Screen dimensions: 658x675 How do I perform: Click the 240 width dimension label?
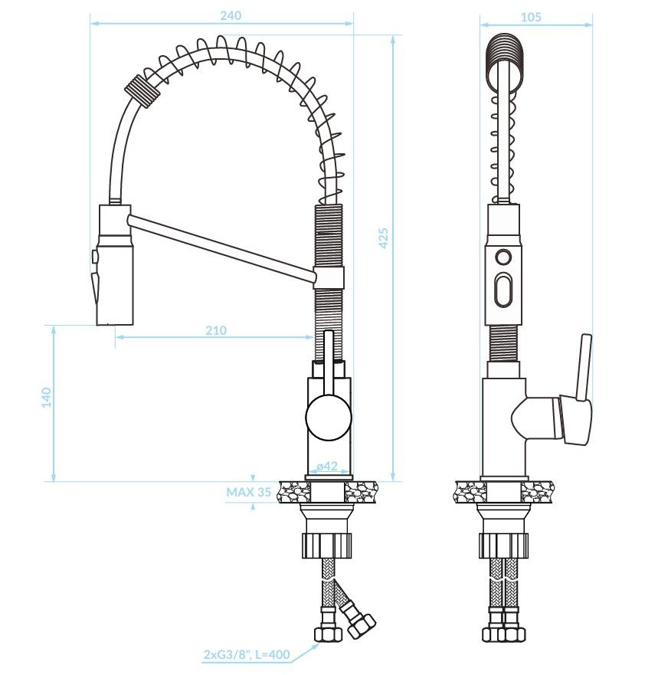(x=231, y=16)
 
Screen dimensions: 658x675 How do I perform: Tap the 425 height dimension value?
(x=382, y=238)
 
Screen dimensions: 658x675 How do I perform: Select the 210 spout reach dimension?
(x=215, y=330)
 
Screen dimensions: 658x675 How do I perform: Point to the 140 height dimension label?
(x=46, y=398)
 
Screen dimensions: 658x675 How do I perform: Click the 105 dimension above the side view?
(x=531, y=17)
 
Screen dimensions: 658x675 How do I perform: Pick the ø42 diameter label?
(x=327, y=466)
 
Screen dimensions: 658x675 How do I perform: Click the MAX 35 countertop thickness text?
(x=249, y=492)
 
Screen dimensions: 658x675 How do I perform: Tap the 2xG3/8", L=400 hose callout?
(x=247, y=655)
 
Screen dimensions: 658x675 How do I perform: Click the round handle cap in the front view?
(x=329, y=417)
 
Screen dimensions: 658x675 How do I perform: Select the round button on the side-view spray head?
(x=503, y=257)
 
